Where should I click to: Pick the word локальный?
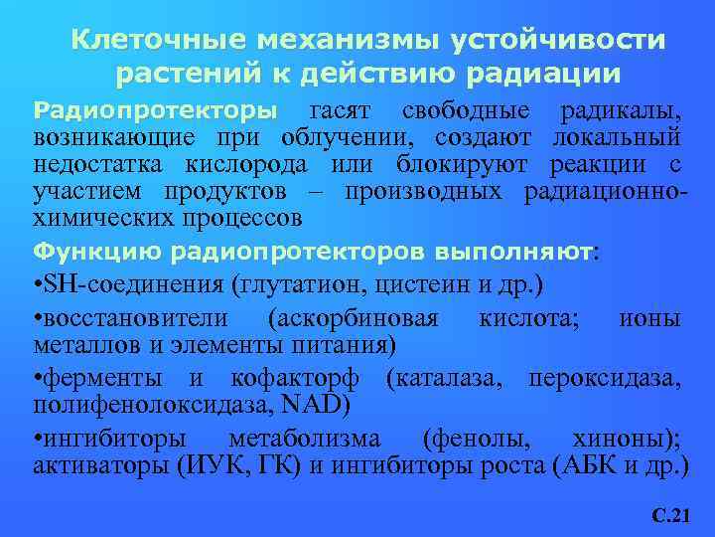point(620,136)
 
